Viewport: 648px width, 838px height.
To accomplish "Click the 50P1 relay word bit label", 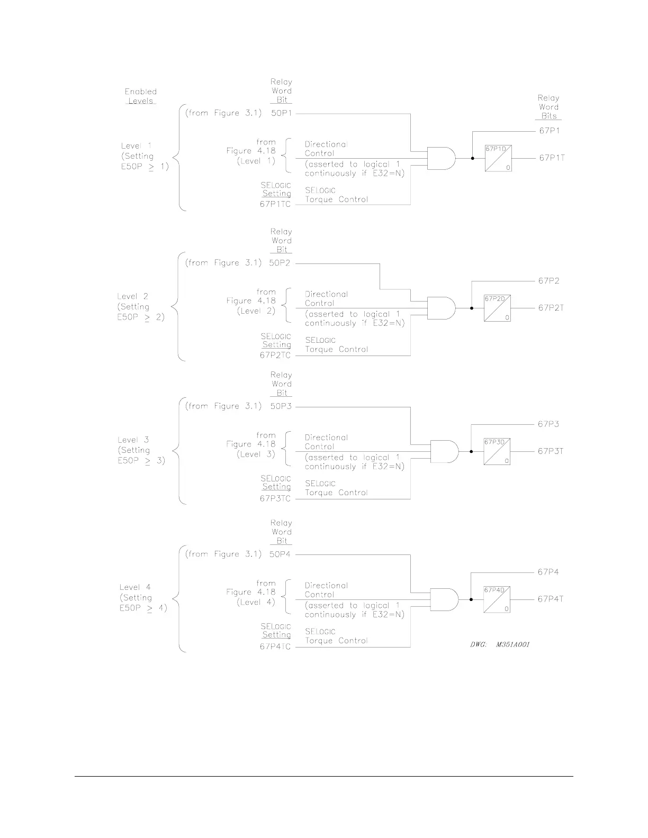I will click(x=281, y=113).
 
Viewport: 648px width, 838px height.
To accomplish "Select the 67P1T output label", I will click(x=552, y=158).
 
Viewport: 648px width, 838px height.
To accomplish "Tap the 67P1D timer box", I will click(x=498, y=158).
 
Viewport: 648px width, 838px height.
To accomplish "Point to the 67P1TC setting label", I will click(x=275, y=204).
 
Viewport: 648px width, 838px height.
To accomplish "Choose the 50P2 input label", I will click(x=281, y=263).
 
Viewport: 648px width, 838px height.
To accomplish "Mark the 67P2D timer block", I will click(x=497, y=308).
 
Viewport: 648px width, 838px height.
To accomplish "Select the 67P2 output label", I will click(x=549, y=281).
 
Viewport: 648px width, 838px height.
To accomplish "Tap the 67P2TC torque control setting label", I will click(x=275, y=355).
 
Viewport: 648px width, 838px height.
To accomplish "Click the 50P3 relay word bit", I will click(x=281, y=406).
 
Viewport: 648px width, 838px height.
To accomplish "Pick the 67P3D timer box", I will click(x=497, y=451).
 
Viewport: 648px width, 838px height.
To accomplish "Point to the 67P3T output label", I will click(x=551, y=451).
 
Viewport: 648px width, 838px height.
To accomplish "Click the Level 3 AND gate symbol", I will click(x=444, y=451).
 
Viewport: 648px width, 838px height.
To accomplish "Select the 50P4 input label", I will click(x=280, y=554).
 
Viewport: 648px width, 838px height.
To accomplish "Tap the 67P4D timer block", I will click(x=497, y=599).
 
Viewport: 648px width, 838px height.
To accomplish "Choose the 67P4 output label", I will click(x=548, y=572).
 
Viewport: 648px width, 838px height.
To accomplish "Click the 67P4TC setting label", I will click(x=275, y=647).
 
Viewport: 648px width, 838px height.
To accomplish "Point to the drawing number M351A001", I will click(x=500, y=644).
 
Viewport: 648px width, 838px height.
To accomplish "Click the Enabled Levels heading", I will click(x=141, y=96).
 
